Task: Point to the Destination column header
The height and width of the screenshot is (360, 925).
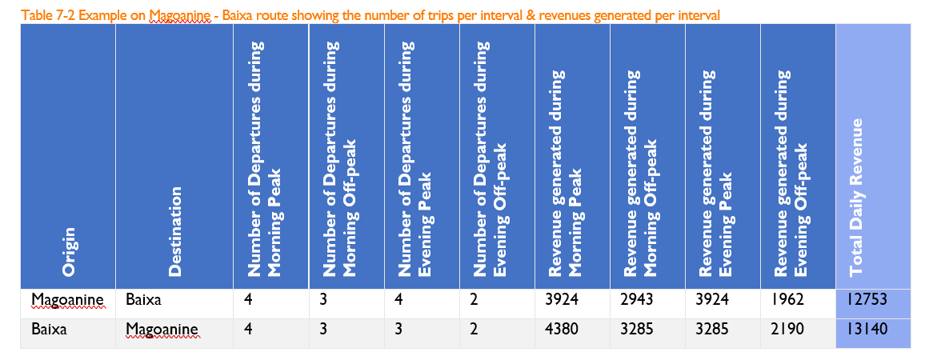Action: pyautogui.click(x=175, y=232)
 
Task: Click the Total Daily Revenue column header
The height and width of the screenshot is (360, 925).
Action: pyautogui.click(x=857, y=197)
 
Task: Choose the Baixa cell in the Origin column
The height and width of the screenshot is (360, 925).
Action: pyautogui.click(x=50, y=329)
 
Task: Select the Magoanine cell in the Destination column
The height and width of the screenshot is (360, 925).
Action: pyautogui.click(x=162, y=329)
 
